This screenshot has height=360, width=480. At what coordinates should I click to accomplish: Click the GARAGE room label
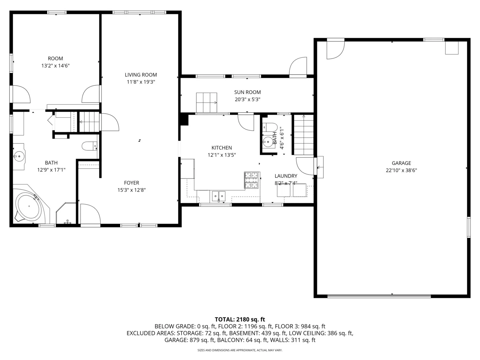(401, 163)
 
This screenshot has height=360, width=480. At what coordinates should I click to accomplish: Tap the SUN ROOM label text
(247, 92)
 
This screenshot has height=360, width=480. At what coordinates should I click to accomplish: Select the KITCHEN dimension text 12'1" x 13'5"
(222, 155)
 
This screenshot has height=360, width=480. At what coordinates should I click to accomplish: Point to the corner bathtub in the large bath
(29, 207)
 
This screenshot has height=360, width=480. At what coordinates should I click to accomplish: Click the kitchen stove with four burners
(252, 180)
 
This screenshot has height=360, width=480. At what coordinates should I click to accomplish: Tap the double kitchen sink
(219, 196)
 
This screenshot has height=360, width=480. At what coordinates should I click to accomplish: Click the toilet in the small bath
(270, 127)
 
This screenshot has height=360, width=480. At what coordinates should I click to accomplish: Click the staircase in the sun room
(206, 103)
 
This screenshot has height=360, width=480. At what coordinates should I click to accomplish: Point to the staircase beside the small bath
(303, 135)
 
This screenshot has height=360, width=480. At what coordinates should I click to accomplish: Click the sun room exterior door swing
(298, 68)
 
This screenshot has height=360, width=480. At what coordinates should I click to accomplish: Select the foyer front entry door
(90, 215)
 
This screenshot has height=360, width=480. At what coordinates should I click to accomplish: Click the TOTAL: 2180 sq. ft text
(240, 319)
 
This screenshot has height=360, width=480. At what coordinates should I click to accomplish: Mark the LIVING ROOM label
(141, 75)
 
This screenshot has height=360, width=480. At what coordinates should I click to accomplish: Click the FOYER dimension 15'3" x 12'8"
(131, 190)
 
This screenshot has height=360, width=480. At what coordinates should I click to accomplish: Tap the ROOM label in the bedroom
(55, 59)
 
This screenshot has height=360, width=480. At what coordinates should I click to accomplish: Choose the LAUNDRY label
(286, 176)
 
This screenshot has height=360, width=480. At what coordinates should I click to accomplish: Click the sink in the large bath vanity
(19, 156)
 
